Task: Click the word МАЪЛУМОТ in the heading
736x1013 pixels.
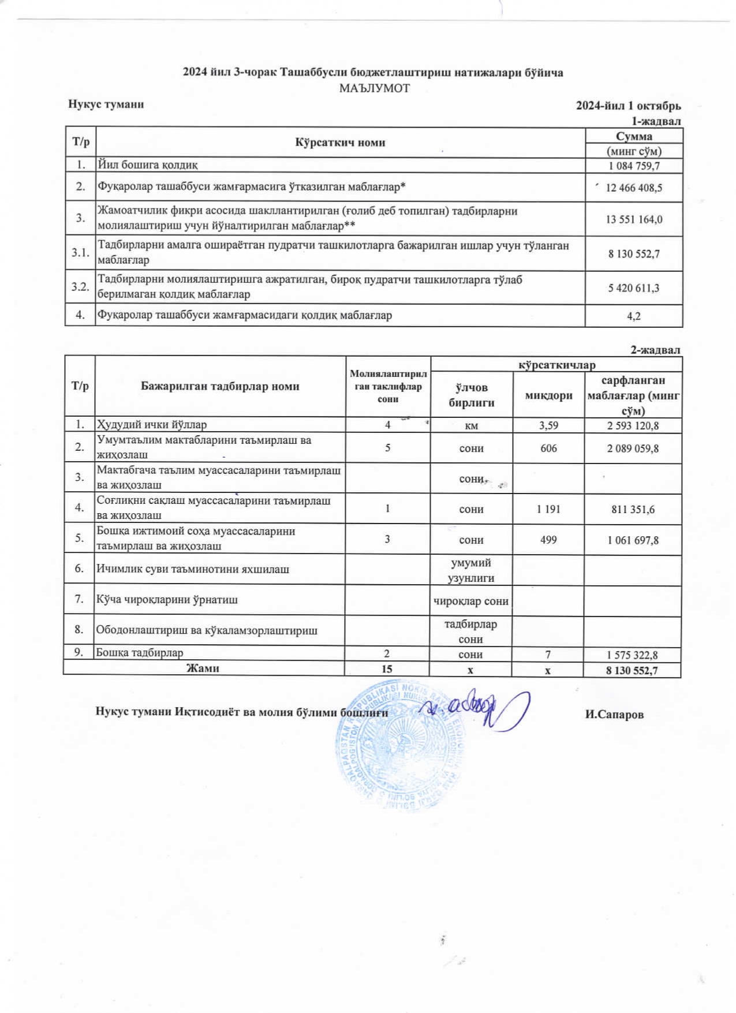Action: (x=374, y=88)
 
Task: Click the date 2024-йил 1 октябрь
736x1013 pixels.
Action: (x=628, y=106)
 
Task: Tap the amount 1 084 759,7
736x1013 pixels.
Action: (x=634, y=166)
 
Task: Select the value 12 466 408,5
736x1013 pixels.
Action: (x=634, y=188)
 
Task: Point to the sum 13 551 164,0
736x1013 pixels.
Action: (x=634, y=219)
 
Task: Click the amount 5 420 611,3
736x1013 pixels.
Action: (x=634, y=287)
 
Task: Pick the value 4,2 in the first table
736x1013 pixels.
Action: (x=634, y=316)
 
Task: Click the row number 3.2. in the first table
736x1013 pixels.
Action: (x=80, y=287)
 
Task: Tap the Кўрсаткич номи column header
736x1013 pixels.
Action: (x=340, y=143)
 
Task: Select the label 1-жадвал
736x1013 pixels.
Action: (x=656, y=121)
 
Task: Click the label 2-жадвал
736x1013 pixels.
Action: (x=655, y=350)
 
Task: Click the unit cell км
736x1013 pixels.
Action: (x=471, y=426)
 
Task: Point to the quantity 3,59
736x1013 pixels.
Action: (x=548, y=425)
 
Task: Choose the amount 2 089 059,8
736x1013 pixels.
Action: (x=633, y=448)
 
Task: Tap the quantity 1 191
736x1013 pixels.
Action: (x=548, y=509)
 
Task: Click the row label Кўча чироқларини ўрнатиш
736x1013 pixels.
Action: (x=167, y=600)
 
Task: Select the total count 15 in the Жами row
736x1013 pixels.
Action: (x=387, y=669)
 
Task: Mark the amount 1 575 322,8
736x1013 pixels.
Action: (x=633, y=655)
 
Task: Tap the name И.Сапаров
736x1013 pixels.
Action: (x=614, y=715)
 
